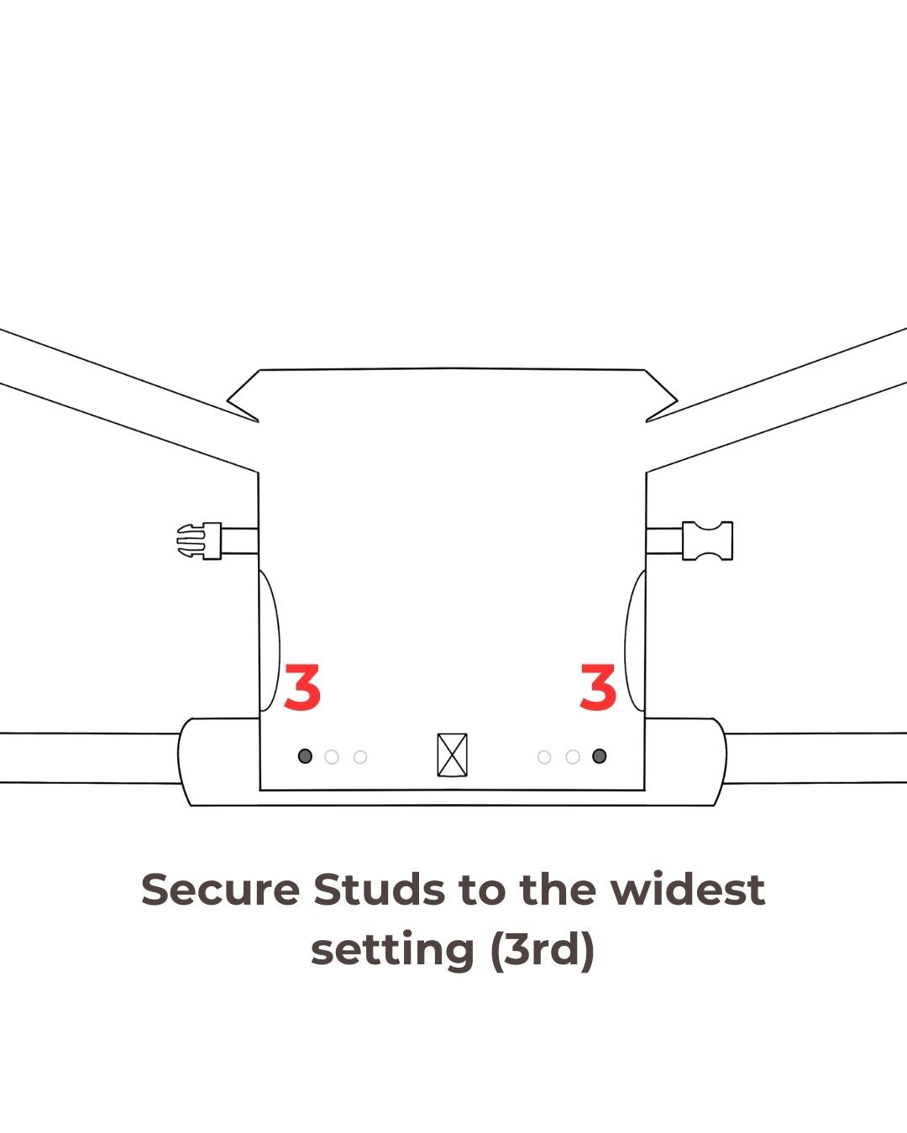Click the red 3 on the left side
(x=302, y=687)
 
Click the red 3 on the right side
(x=598, y=687)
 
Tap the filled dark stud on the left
(x=305, y=756)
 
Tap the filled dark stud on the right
(x=600, y=756)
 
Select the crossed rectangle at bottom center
(x=452, y=754)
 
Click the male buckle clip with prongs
(x=199, y=540)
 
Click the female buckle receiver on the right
(x=707, y=540)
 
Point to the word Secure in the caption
(x=220, y=890)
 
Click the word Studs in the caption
(x=380, y=890)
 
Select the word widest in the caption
(x=688, y=890)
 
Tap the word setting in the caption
(x=393, y=951)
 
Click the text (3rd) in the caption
(x=543, y=950)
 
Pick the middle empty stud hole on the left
(x=332, y=757)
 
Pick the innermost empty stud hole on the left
(x=360, y=757)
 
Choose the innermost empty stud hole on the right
(x=544, y=757)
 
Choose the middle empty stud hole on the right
(x=573, y=757)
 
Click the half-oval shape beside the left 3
(x=280, y=642)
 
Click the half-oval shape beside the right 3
(x=625, y=642)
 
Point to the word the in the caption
(x=559, y=890)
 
